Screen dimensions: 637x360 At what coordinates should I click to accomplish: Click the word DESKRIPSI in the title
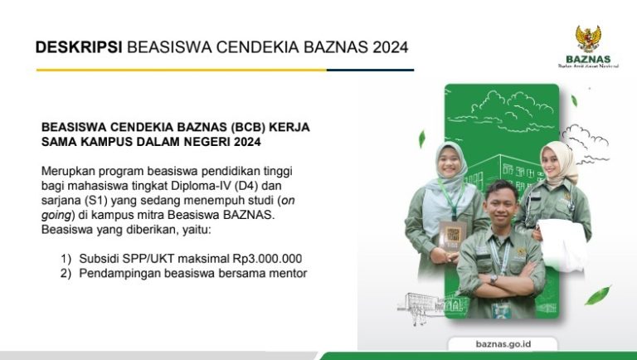pyautogui.click(x=79, y=47)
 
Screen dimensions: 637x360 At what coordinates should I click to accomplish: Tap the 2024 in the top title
pyautogui.click(x=390, y=47)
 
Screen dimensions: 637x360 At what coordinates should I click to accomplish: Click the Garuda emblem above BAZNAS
pyautogui.click(x=587, y=39)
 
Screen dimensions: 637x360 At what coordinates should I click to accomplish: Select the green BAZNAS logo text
pyautogui.click(x=588, y=59)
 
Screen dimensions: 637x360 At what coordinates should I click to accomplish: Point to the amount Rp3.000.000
pyautogui.click(x=267, y=259)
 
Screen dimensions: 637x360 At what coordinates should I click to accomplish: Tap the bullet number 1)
pyautogui.click(x=66, y=259)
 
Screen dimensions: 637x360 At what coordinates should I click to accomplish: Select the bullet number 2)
pyautogui.click(x=66, y=273)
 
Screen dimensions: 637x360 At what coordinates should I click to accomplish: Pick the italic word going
pyautogui.click(x=56, y=215)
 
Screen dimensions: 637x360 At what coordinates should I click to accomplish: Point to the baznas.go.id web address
pyautogui.click(x=503, y=343)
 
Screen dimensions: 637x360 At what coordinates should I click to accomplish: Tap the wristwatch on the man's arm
pyautogui.click(x=494, y=280)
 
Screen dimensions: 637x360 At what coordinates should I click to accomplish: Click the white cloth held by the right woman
pyautogui.click(x=562, y=245)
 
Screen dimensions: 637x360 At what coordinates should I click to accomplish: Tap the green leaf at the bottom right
pyautogui.click(x=597, y=295)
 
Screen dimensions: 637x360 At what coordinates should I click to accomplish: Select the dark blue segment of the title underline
pyautogui.click(x=370, y=70)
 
